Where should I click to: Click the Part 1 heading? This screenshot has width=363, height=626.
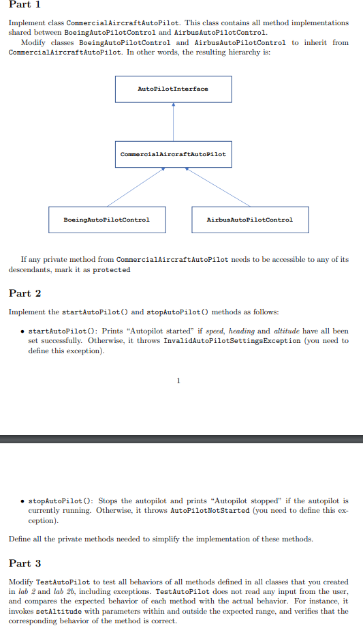click(x=25, y=7)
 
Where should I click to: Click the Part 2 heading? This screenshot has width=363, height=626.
click(x=25, y=294)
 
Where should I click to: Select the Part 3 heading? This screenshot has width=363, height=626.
click(x=25, y=563)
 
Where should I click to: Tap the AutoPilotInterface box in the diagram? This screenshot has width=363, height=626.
click(x=173, y=89)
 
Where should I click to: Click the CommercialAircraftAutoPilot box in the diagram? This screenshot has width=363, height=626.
click(x=173, y=154)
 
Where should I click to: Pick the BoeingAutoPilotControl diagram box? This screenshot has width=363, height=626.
click(x=106, y=220)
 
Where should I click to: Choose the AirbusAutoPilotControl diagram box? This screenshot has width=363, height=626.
click(x=250, y=220)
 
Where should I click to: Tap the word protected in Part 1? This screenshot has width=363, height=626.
click(x=112, y=269)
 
